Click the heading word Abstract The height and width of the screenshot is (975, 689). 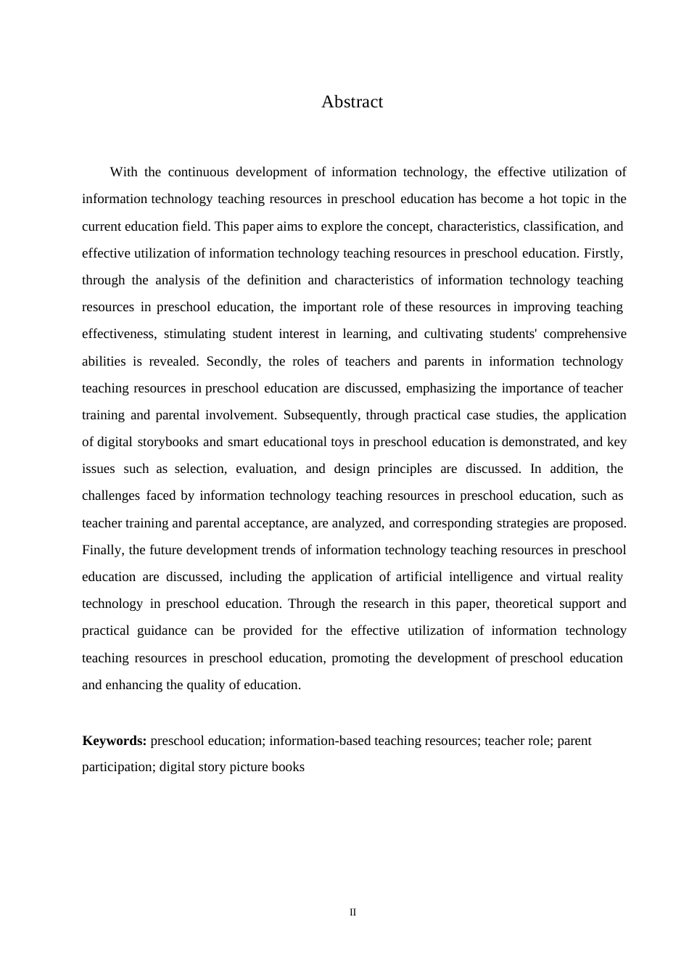click(x=352, y=102)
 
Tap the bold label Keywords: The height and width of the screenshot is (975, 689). click(x=115, y=741)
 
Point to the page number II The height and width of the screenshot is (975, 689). click(x=352, y=913)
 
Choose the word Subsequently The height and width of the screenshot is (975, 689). click(x=321, y=415)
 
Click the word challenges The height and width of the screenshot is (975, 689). click(x=110, y=496)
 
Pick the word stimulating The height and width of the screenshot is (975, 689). click(x=194, y=334)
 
